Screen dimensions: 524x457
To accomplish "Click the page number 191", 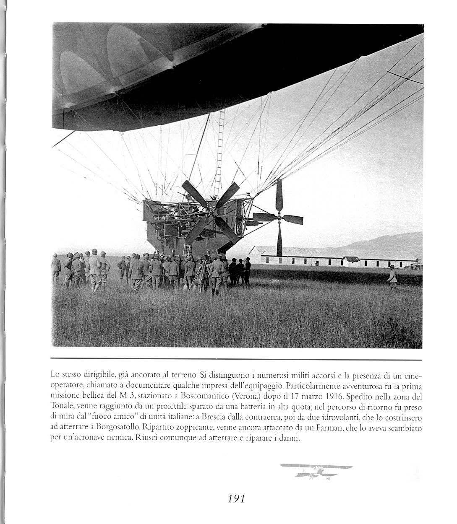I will (236, 498).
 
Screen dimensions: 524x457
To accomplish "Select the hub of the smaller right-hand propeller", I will (279, 218).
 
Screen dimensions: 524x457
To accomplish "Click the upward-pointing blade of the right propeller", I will (279, 195).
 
